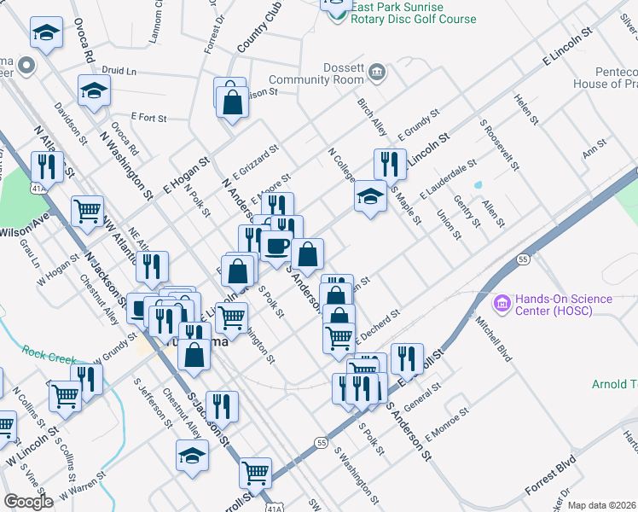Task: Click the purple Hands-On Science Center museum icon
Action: tap(501, 303)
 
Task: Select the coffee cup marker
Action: tap(275, 245)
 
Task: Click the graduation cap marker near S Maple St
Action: tap(370, 197)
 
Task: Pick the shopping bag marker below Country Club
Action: tap(232, 102)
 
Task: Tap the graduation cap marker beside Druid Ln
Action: tap(94, 90)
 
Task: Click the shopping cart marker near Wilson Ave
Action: tap(87, 210)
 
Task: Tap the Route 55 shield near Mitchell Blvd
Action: tap(523, 259)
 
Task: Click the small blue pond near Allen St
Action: tap(478, 183)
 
